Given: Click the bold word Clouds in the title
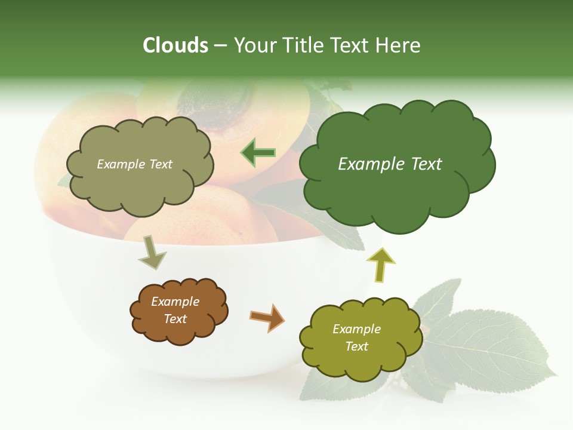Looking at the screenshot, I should click(x=175, y=45).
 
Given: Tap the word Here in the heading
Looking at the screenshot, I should click(x=398, y=45).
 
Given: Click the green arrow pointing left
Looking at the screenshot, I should click(x=258, y=153).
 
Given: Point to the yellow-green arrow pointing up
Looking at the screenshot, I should click(x=380, y=265).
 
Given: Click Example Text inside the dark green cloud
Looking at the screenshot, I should click(x=390, y=164).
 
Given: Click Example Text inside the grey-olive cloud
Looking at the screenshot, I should click(x=134, y=164).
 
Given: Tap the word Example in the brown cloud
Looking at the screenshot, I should click(x=175, y=302).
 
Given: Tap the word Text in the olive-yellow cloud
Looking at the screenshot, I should click(x=356, y=346).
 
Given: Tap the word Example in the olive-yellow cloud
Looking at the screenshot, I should click(x=356, y=329).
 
